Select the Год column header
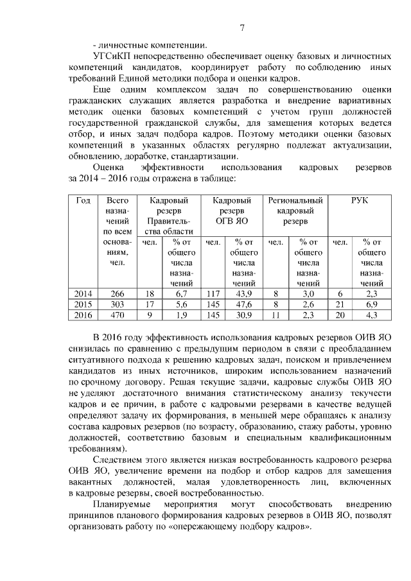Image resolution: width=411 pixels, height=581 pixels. [83, 201]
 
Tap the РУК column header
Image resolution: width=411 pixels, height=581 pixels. [360, 201]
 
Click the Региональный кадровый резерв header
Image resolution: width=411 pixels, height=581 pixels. [295, 211]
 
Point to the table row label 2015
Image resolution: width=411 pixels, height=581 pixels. [83, 304]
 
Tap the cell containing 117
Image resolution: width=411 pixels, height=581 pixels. [213, 293]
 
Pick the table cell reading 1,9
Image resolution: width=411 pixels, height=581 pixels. [181, 315]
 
